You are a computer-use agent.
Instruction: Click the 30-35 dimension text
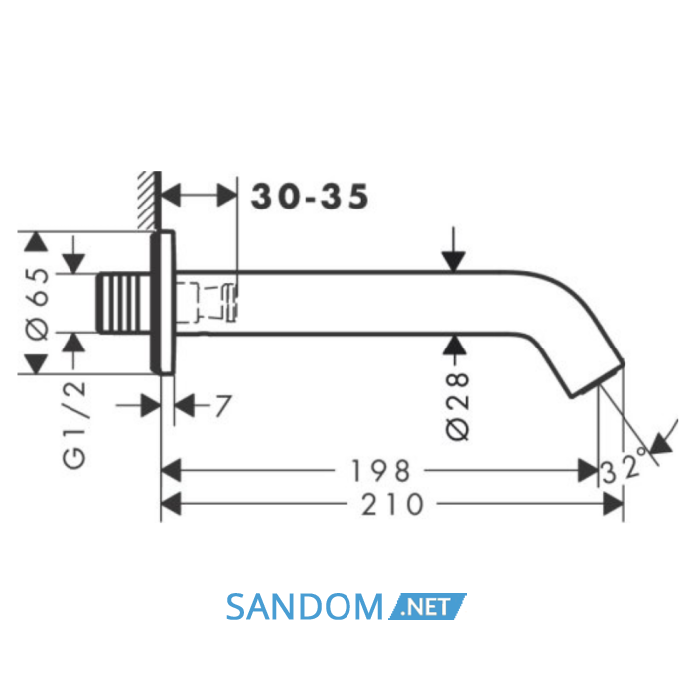[310, 196]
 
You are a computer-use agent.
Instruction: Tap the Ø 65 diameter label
[39, 304]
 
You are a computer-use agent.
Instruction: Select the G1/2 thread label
[74, 424]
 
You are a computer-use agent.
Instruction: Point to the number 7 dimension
[223, 405]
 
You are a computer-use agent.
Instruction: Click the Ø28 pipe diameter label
[458, 407]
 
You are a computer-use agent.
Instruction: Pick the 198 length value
[380, 471]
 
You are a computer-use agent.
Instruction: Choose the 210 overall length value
[392, 504]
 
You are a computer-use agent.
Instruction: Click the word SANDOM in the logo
[305, 607]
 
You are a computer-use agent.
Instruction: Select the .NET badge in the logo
[427, 606]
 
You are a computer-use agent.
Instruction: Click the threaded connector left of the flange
[124, 303]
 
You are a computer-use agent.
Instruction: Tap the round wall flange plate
[163, 303]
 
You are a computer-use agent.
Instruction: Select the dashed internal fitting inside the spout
[207, 302]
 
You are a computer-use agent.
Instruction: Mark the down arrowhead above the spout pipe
[453, 261]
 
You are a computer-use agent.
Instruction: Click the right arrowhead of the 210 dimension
[613, 504]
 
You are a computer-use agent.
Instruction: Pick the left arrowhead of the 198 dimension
[171, 471]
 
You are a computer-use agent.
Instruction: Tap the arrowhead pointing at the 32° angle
[661, 444]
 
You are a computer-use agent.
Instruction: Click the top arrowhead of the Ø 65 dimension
[36, 242]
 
